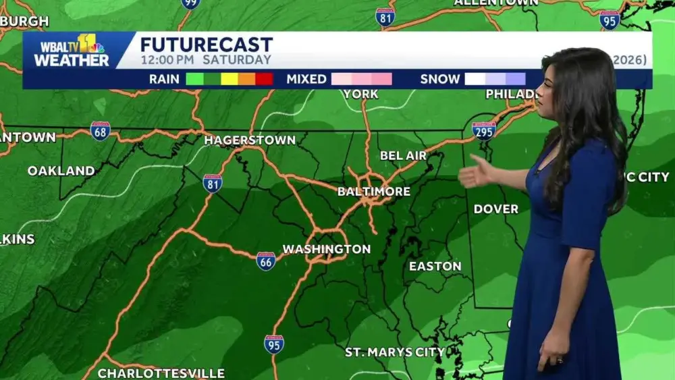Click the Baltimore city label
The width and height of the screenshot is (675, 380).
point(374,192)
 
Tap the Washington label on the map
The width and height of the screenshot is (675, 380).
point(326,249)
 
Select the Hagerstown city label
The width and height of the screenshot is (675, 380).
point(250,140)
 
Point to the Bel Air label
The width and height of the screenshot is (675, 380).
point(403,156)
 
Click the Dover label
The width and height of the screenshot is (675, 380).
point(496,209)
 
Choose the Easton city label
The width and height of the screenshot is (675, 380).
point(435,267)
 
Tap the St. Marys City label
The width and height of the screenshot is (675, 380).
point(395,352)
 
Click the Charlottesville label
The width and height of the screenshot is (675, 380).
point(161,373)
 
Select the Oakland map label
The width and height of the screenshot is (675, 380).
point(61,171)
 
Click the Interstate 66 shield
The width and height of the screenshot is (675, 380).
point(266,261)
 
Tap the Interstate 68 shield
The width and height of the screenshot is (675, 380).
point(101,131)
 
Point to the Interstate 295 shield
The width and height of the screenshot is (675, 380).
point(484,130)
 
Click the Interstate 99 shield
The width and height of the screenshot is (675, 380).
point(191,3)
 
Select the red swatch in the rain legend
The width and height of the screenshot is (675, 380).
point(264,79)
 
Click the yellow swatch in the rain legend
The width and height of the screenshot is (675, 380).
point(230,79)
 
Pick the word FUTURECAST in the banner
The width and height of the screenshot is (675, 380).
point(207,45)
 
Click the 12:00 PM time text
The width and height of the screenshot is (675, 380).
point(165,60)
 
